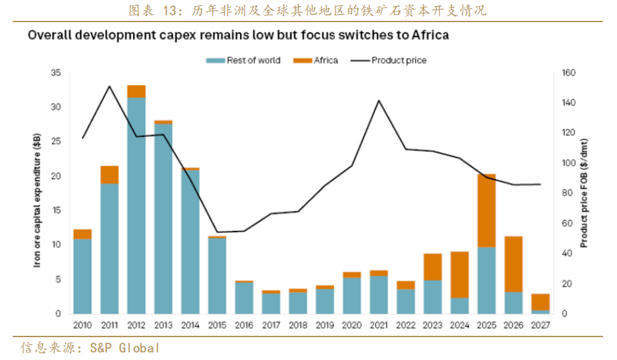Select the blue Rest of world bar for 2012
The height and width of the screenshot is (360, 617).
pos(136,205)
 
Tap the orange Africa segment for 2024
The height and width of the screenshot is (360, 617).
pos(459,274)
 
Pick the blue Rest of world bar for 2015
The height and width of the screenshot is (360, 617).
pos(217,275)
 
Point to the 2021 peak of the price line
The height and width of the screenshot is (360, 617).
pos(378,101)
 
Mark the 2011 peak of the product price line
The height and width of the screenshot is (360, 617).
pos(109,86)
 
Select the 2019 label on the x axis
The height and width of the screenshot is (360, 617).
pos(325,325)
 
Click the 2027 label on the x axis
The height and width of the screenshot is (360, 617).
pos(540,325)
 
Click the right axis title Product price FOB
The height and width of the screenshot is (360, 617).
pos(585,195)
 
